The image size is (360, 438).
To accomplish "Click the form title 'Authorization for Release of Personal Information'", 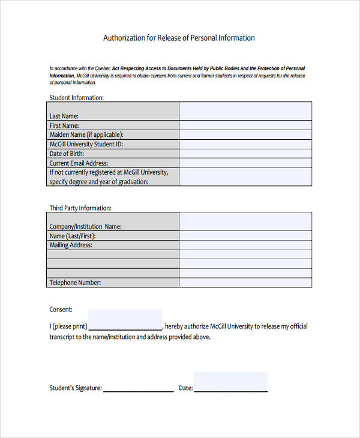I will tap(179, 38).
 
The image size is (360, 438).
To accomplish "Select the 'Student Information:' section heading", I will tap(76, 97).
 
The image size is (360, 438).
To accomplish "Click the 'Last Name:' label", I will tap(64, 116).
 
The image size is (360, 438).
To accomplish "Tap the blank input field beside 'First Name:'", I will tap(245, 125).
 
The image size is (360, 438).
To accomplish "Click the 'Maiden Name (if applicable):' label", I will tap(86, 135).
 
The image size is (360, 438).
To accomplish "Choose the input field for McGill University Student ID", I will tap(245, 144).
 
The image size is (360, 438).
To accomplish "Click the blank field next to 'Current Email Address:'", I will tap(245, 163).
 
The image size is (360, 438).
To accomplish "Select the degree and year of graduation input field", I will tap(245, 176).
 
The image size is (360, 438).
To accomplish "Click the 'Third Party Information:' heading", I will tap(80, 208).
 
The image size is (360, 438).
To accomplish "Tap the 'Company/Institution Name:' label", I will tap(85, 227).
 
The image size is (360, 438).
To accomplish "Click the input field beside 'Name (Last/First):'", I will tap(245, 236).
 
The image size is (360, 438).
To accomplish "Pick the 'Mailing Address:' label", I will tap(71, 245).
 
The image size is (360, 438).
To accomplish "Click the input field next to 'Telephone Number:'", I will tap(245, 282).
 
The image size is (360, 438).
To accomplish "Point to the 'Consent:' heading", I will tap(61, 310).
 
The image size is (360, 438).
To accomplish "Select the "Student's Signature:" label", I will tap(76, 388).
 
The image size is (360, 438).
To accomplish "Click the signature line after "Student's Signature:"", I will tap(138, 390).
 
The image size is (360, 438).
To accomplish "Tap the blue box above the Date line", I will tap(230, 380).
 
